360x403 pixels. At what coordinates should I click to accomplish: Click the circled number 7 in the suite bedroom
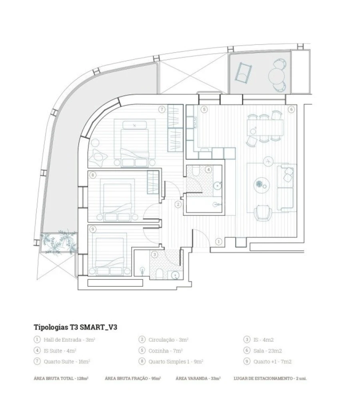(162, 109)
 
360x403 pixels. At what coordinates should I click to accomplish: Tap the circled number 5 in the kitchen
(204, 109)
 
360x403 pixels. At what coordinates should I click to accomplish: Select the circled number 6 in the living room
(292, 109)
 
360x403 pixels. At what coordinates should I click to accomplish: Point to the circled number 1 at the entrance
(219, 241)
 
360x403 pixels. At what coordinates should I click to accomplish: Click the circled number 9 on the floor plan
(93, 229)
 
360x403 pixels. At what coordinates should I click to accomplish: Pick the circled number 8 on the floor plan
(93, 175)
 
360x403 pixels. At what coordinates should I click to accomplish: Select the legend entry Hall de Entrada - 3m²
(64, 340)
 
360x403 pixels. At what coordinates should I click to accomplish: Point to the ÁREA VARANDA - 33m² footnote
(198, 378)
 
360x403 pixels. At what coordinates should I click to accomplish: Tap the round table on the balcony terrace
(277, 75)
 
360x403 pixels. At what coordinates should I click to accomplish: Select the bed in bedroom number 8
(117, 199)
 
